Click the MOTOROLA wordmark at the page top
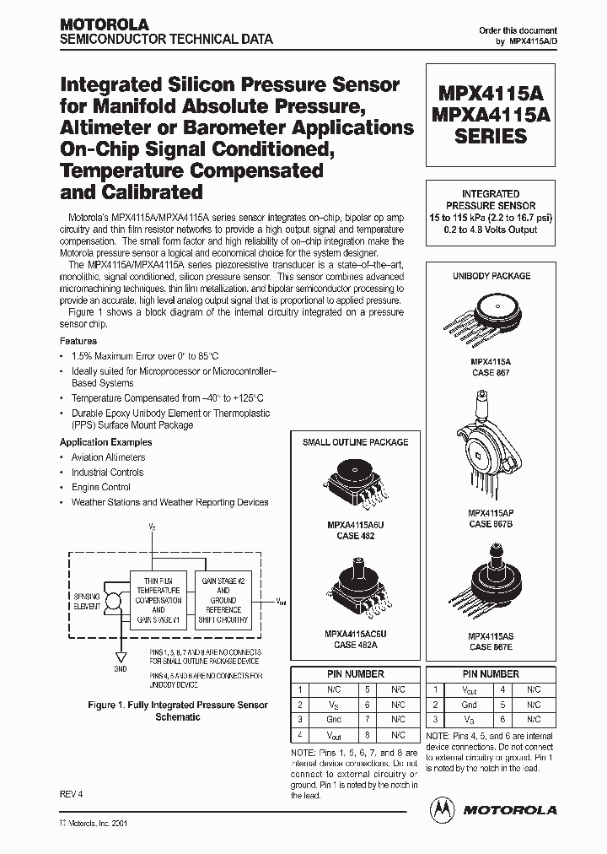tap(104, 25)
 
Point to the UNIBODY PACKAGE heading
tap(492, 276)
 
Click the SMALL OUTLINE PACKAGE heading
tap(355, 442)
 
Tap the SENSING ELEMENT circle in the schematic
tap(113, 601)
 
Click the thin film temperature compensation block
tap(159, 600)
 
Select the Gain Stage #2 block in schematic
tap(223, 600)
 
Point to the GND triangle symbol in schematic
tap(121, 656)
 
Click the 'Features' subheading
tap(78, 342)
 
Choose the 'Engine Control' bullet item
tap(100, 487)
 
